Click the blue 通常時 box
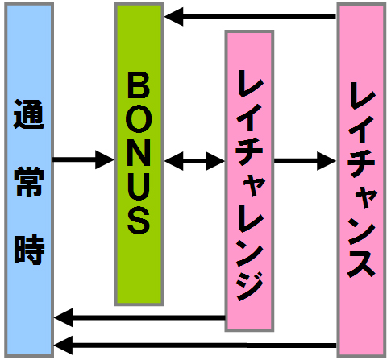pyautogui.click(x=29, y=180)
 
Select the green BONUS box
pyautogui.click(x=139, y=155)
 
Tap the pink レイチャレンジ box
pyautogui.click(x=249, y=180)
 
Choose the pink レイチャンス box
pyautogui.click(x=361, y=180)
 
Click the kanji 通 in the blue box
pyautogui.click(x=29, y=114)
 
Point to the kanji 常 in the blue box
pyautogui.click(x=29, y=181)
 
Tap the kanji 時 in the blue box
pyautogui.click(x=29, y=250)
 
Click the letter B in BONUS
pyautogui.click(x=139, y=85)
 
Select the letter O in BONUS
pyautogui.click(x=139, y=120)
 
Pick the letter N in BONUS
pyautogui.click(x=139, y=154)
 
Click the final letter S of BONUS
pyautogui.click(x=139, y=221)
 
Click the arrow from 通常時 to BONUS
pyautogui.click(x=84, y=159)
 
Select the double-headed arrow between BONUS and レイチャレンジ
pyautogui.click(x=194, y=161)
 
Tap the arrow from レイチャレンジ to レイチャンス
pyautogui.click(x=306, y=161)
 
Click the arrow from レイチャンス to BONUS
pyautogui.click(x=251, y=17)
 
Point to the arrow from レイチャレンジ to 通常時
pyautogui.click(x=139, y=318)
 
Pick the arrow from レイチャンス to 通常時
pyautogui.click(x=195, y=346)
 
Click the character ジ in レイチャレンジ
pyautogui.click(x=250, y=286)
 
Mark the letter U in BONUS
pyautogui.click(x=139, y=187)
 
